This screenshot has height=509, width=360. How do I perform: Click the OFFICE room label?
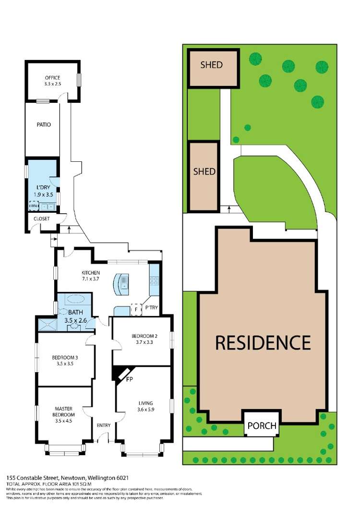click(53, 78)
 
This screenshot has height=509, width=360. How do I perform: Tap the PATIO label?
click(43, 125)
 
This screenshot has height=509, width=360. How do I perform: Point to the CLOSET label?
click(42, 218)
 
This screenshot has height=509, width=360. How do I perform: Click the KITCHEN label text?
click(90, 273)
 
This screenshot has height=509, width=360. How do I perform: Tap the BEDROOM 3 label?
click(65, 357)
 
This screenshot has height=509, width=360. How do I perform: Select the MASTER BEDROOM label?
click(64, 412)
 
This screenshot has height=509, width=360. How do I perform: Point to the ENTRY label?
click(103, 425)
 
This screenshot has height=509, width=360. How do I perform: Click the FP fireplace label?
click(129, 379)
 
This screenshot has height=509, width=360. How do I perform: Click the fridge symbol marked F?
click(136, 310)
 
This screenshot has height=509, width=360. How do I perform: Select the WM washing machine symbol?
click(33, 206)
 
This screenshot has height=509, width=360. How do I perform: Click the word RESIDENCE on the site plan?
click(263, 343)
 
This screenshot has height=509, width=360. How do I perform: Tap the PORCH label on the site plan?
click(262, 425)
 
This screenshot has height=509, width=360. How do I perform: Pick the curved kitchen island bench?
click(121, 283)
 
